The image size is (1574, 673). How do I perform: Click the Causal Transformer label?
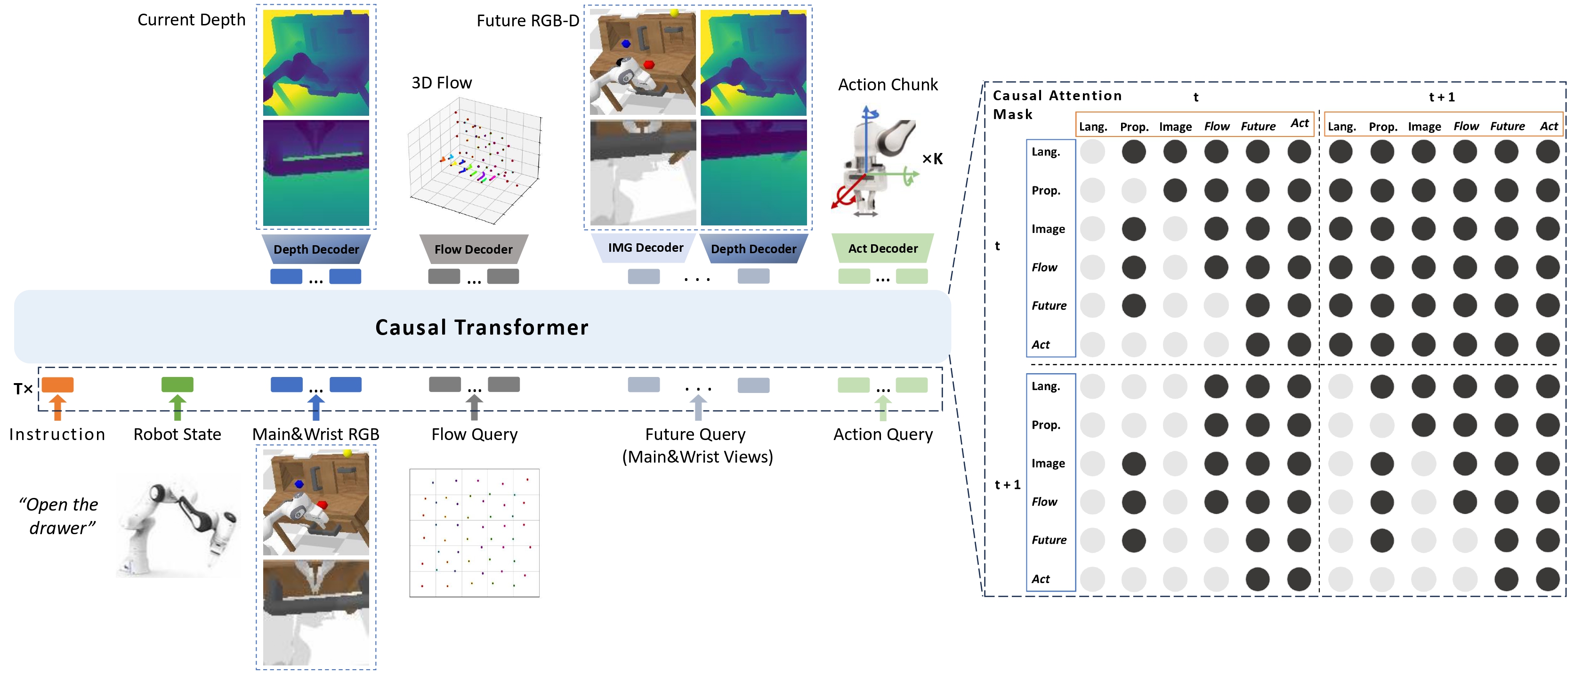click(482, 328)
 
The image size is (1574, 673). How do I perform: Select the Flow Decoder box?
click(474, 249)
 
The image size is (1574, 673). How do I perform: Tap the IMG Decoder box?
click(645, 248)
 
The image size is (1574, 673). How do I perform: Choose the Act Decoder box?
click(882, 248)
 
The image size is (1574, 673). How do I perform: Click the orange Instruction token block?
click(57, 385)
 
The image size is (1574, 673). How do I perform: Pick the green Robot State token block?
click(177, 385)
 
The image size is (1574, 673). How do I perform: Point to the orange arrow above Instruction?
click(57, 407)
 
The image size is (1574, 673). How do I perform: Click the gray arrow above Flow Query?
click(474, 407)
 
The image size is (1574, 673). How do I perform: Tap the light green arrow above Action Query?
click(882, 408)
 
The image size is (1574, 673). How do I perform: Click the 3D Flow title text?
click(441, 83)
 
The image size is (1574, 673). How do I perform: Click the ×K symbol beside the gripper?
click(932, 160)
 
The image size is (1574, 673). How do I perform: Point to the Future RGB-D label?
click(527, 21)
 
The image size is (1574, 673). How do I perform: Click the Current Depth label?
click(191, 20)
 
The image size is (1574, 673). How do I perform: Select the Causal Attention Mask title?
click(1057, 104)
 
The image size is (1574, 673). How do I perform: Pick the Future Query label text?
click(695, 435)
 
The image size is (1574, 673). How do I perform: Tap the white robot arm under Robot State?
click(177, 528)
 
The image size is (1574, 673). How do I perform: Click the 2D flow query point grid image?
click(474, 533)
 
